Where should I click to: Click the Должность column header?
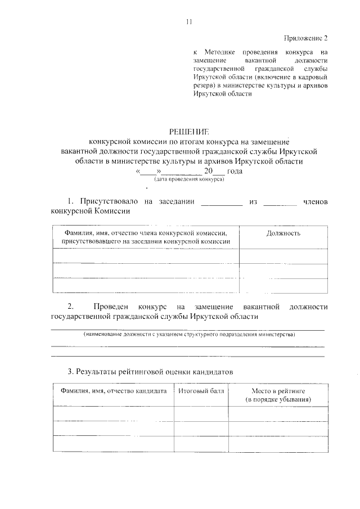coord(283,233)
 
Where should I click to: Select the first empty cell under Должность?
coord(283,256)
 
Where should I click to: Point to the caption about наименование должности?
coord(188,335)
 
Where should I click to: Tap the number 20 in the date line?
coord(210,171)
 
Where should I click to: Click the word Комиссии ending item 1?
coord(110,212)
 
